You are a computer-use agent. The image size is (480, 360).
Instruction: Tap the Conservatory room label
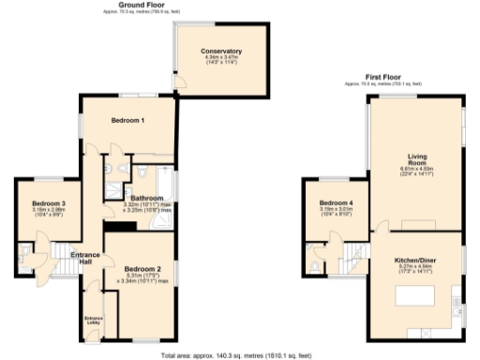click(221, 51)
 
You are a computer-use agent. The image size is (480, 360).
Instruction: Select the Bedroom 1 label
click(127, 121)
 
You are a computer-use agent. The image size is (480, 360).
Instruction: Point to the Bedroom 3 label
click(49, 203)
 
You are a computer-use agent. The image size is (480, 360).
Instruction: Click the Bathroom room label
click(147, 198)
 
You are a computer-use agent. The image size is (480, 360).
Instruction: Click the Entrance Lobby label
click(93, 321)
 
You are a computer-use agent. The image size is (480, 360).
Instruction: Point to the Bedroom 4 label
click(336, 203)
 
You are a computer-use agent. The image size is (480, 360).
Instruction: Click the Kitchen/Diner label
click(417, 259)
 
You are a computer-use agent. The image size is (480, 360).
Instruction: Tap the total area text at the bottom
click(236, 355)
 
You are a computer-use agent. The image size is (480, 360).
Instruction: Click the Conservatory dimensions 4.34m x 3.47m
click(221, 58)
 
